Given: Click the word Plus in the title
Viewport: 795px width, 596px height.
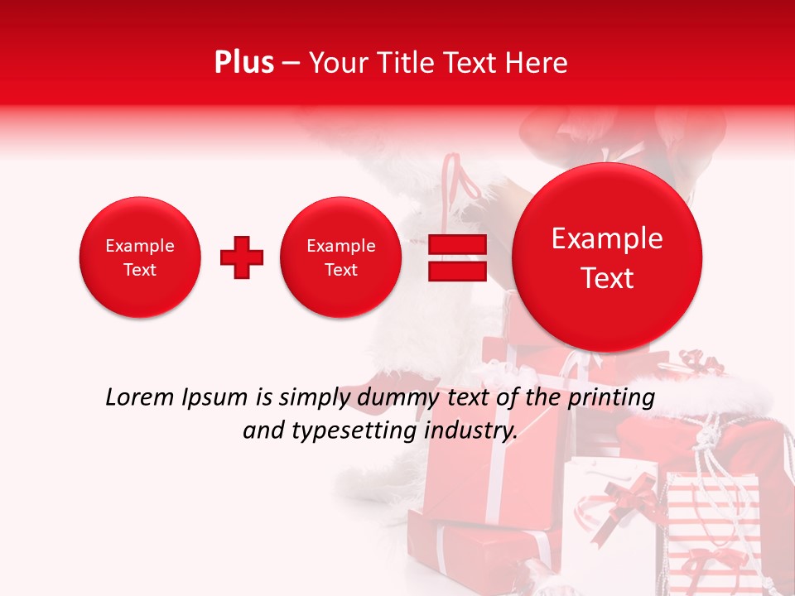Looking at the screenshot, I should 243,63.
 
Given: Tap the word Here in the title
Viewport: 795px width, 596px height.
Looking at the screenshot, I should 536,63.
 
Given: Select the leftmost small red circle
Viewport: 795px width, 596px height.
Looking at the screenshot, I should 140,257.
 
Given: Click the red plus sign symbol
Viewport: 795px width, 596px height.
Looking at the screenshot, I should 242,257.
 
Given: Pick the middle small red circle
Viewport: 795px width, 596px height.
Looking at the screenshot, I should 341,257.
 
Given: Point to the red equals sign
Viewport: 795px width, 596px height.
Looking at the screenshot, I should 457,258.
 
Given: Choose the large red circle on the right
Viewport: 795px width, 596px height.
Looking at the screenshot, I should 607,257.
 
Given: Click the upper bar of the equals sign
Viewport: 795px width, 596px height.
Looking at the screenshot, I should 457,245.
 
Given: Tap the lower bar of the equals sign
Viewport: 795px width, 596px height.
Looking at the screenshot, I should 457,272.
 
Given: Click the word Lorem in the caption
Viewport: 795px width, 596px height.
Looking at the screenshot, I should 141,398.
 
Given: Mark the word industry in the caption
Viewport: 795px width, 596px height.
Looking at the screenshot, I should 472,431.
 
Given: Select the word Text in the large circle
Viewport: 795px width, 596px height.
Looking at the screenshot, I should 607,279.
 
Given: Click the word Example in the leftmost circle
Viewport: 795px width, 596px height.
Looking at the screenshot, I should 140,246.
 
